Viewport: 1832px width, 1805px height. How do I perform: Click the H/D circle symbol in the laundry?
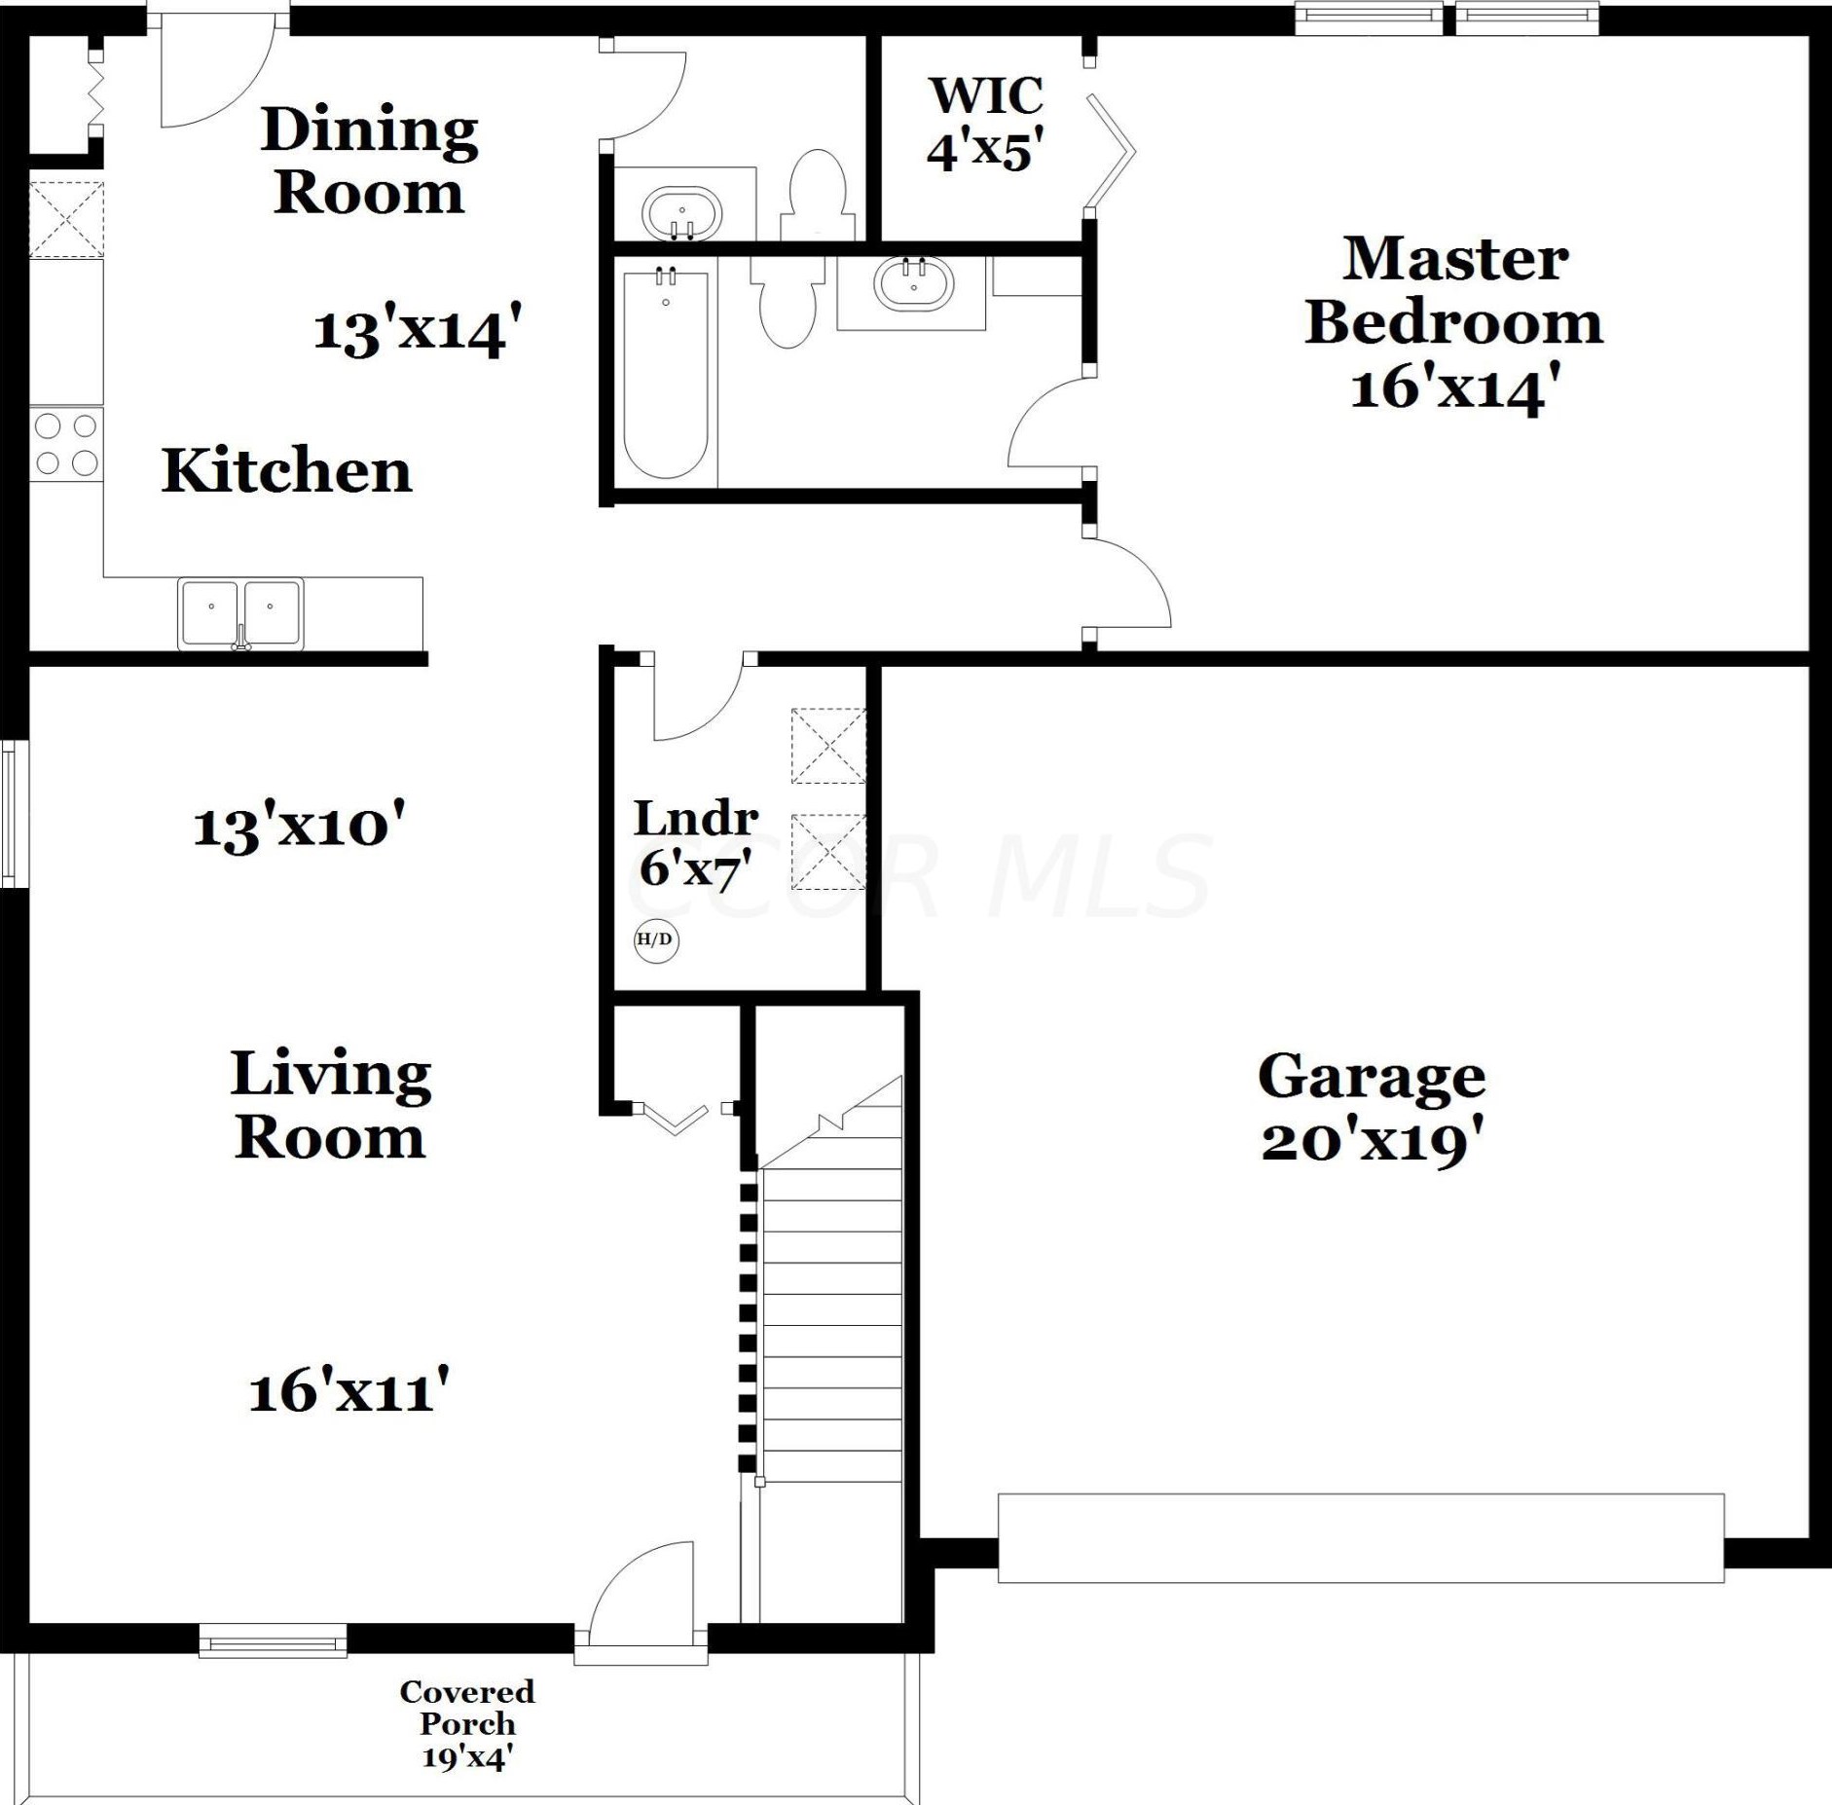pos(655,939)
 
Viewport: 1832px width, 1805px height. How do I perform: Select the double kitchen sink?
pos(240,613)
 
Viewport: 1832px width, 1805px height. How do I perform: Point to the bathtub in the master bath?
pos(666,375)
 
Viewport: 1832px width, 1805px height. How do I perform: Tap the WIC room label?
pos(986,95)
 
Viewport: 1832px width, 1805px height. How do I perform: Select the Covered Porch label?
pos(467,1706)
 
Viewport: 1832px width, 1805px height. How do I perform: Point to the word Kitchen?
pos(286,471)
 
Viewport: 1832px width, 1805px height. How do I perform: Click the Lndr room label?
pos(695,819)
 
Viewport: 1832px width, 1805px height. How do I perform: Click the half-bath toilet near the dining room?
pos(818,195)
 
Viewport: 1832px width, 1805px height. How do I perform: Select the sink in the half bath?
pos(681,212)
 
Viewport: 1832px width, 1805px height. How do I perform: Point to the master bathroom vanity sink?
pos(913,283)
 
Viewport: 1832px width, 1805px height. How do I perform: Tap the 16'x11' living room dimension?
pos(348,1390)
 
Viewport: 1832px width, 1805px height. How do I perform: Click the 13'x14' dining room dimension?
pos(418,330)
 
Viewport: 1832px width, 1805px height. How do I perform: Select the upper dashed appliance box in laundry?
pos(828,746)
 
